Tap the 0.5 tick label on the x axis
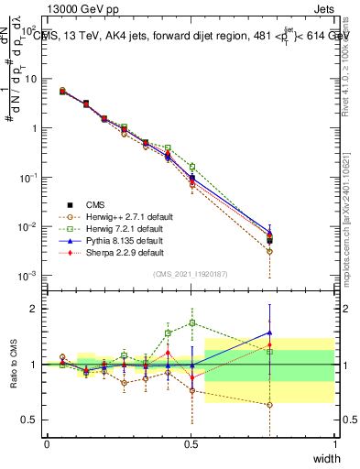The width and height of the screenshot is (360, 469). tap(191, 443)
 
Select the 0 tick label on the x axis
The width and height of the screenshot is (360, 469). tap(47, 443)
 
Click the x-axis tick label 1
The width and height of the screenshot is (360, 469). tap(334, 443)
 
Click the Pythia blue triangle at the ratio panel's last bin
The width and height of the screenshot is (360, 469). tap(269, 333)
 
